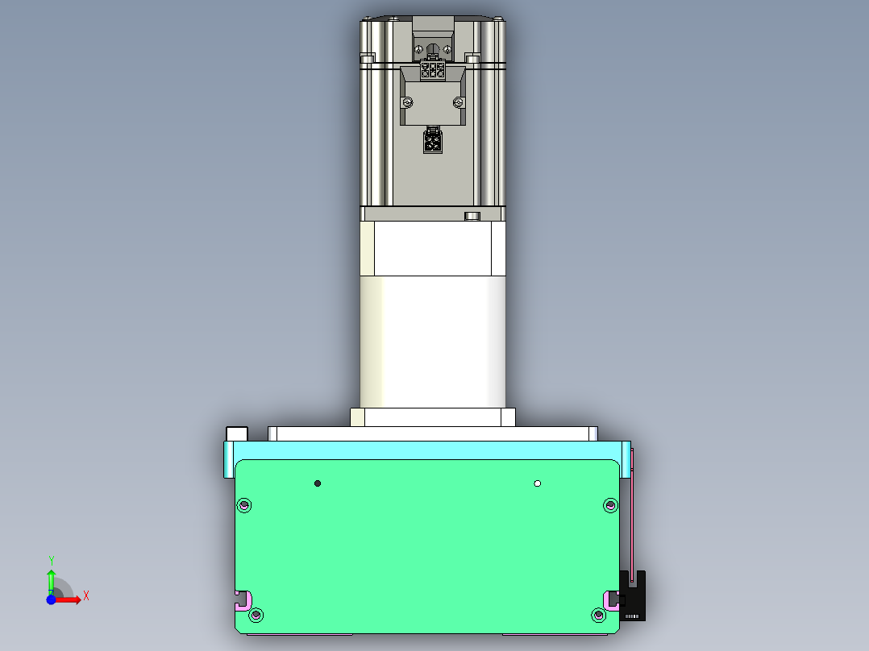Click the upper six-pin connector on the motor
coord(433,70)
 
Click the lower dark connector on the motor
coord(433,143)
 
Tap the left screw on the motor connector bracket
coord(408,102)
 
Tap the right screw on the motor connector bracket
coord(459,102)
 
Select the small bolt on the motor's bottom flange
coord(472,215)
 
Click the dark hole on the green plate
coord(318,483)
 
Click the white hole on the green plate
coord(538,483)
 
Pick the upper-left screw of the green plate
coord(244,506)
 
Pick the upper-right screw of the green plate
coord(609,505)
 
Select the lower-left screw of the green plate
coord(256,616)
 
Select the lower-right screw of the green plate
coord(598,616)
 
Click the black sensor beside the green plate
coord(634,596)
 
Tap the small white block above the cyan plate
coord(237,433)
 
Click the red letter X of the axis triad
coord(85,596)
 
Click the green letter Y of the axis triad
coord(52,560)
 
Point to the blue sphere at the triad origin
coord(51,599)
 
